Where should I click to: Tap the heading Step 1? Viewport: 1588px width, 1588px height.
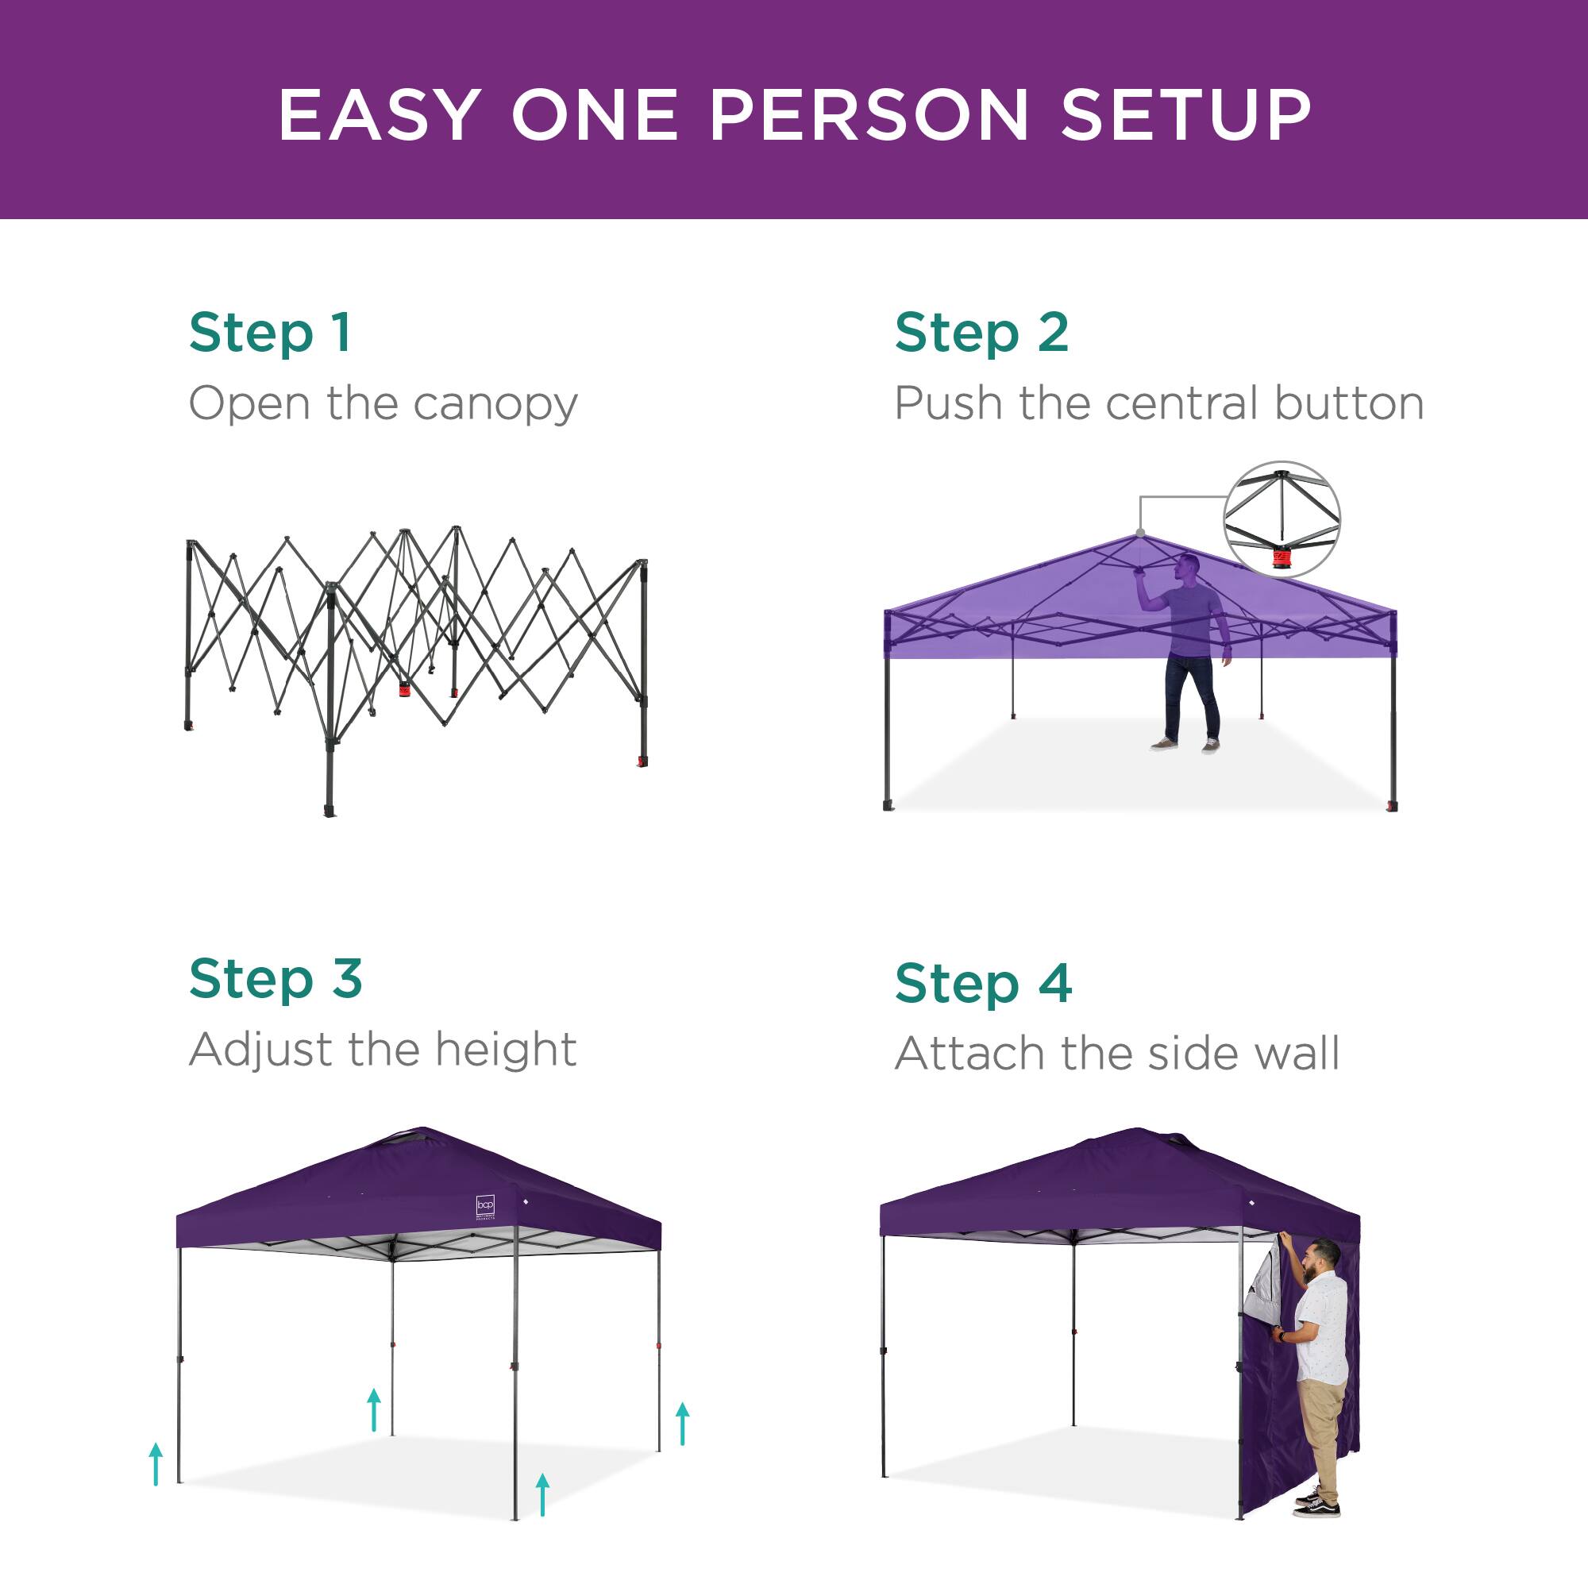coord(270,333)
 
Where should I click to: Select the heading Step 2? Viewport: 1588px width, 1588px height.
coord(981,333)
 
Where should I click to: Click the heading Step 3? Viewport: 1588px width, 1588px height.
coord(276,979)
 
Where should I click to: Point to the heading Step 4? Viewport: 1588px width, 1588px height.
coord(983,984)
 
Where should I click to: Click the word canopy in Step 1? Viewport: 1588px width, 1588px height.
coord(495,404)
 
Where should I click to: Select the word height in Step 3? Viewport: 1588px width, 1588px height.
coord(506,1050)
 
